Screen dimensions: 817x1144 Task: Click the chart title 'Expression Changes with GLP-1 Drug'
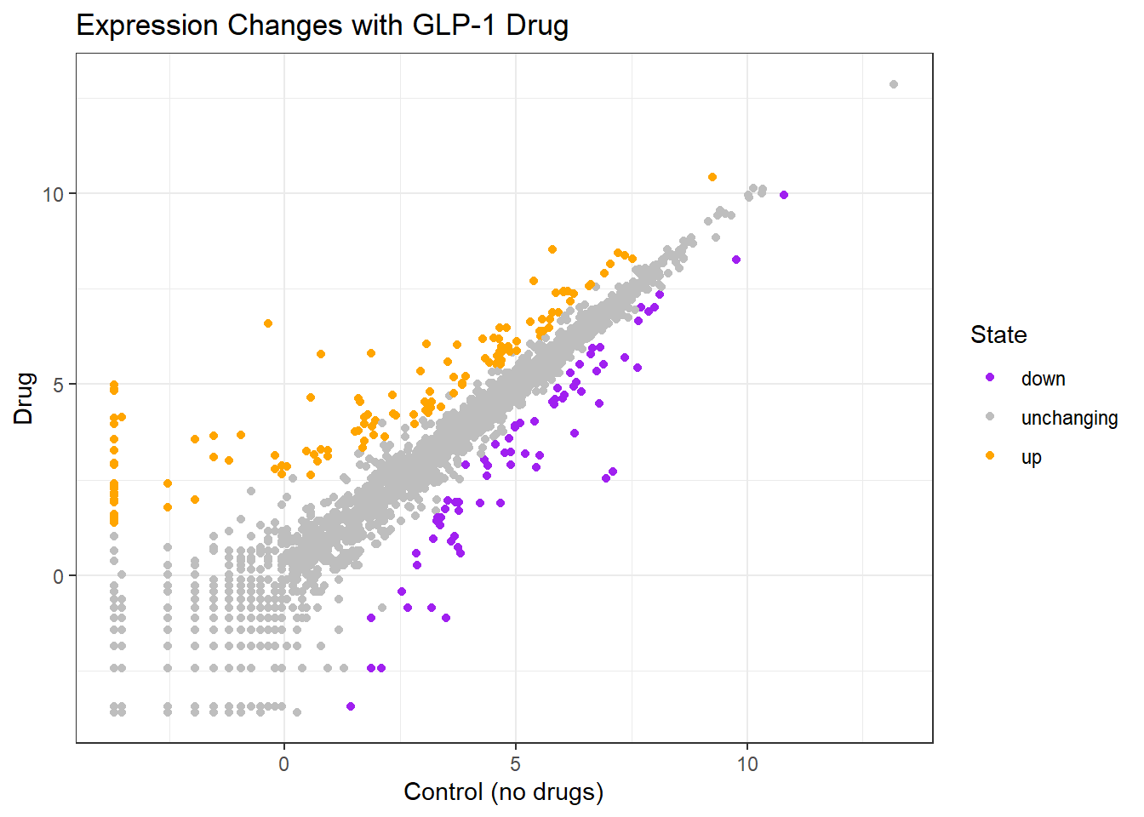322,26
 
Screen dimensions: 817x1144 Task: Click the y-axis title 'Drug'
23,397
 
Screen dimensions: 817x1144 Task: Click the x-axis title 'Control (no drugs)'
503,791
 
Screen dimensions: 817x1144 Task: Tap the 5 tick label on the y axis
58,385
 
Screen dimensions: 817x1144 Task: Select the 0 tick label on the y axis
58,576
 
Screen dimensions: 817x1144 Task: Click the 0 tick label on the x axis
284,763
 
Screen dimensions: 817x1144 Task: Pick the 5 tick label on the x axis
516,763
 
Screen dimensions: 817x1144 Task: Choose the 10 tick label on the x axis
747,763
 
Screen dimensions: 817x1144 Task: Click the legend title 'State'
998,334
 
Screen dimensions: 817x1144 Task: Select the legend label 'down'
1043,379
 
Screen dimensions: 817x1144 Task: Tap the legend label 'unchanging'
1069,418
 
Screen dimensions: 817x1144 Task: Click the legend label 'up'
1031,457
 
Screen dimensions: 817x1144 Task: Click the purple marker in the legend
990,377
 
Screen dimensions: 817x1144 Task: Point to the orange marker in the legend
990,455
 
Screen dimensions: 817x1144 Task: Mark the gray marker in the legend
990,416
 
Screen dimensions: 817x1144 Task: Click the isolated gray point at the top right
894,84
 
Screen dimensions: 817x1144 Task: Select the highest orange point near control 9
712,177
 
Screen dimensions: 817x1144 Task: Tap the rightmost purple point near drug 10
784,195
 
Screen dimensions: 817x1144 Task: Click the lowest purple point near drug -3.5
351,706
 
